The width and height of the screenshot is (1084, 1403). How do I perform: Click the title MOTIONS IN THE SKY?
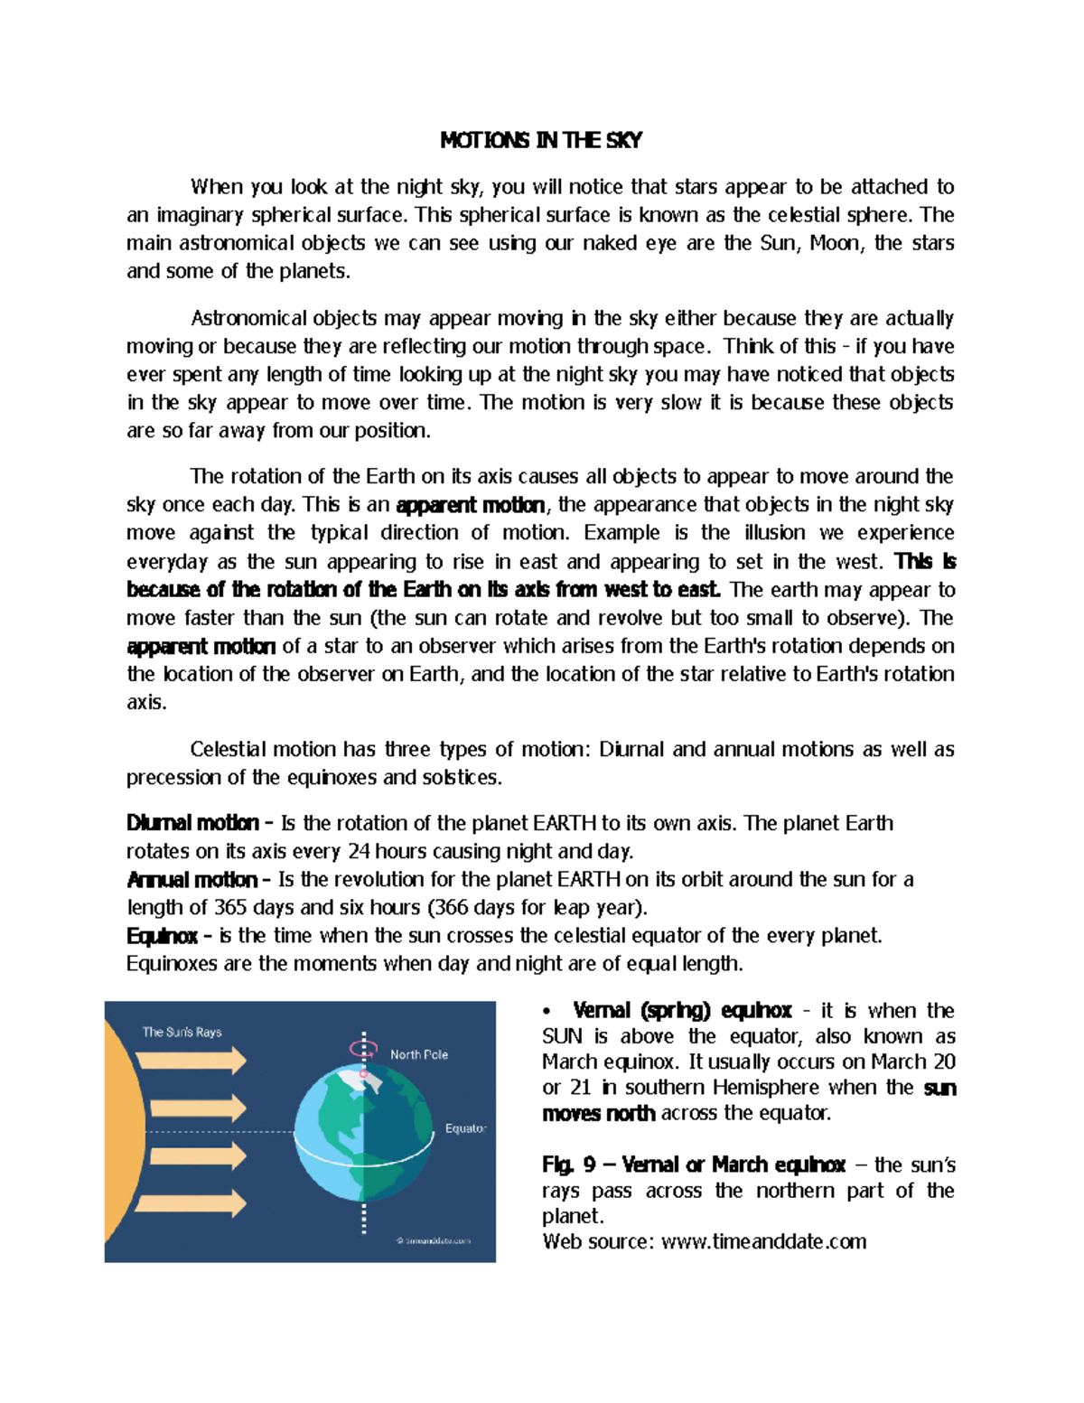(x=541, y=140)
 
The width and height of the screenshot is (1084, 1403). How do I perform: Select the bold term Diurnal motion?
(x=192, y=823)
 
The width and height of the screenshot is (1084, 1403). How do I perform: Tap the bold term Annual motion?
(x=192, y=879)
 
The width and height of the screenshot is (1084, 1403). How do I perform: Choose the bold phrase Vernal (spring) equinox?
(x=682, y=1010)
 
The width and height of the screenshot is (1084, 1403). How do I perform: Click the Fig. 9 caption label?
(x=568, y=1164)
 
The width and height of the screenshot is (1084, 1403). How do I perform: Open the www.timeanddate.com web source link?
(x=763, y=1241)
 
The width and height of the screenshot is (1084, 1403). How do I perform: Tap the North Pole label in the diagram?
(x=418, y=1054)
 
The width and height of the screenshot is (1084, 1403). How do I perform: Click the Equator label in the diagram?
(x=465, y=1128)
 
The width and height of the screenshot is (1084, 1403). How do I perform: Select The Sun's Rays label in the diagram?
(x=182, y=1032)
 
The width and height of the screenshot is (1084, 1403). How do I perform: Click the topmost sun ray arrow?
(x=191, y=1060)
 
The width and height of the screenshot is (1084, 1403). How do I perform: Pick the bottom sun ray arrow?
(x=191, y=1203)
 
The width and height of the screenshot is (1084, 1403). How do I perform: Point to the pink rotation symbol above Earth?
(x=364, y=1050)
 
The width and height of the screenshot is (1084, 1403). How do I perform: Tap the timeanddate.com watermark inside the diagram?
(x=434, y=1240)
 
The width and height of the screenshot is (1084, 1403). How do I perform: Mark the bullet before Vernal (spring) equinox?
(x=547, y=1011)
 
